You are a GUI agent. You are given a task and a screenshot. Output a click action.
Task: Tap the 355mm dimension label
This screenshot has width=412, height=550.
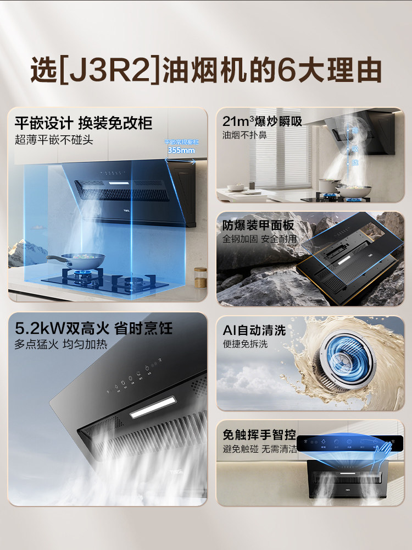(181, 150)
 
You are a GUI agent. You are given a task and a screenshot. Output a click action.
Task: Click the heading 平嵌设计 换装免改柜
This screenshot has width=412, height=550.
(83, 122)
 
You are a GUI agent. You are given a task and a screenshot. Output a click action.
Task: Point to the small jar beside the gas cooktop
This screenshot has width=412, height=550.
(201, 277)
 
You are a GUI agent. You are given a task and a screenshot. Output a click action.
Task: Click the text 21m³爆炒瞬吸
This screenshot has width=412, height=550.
(262, 121)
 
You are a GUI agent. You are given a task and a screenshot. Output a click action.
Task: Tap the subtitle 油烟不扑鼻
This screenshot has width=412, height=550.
(244, 135)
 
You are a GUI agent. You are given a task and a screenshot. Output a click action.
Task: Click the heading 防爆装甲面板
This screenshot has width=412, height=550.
(258, 226)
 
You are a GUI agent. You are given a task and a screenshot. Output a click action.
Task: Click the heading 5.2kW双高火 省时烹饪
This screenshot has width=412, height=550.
(93, 329)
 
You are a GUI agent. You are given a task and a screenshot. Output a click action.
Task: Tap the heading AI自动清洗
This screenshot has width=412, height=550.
(254, 330)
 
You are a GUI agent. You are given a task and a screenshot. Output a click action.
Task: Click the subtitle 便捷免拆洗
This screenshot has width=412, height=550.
(244, 344)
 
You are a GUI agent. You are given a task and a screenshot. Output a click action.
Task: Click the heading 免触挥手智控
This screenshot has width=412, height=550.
(258, 435)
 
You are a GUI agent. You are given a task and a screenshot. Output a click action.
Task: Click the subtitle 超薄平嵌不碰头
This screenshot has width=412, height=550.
(54, 139)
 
